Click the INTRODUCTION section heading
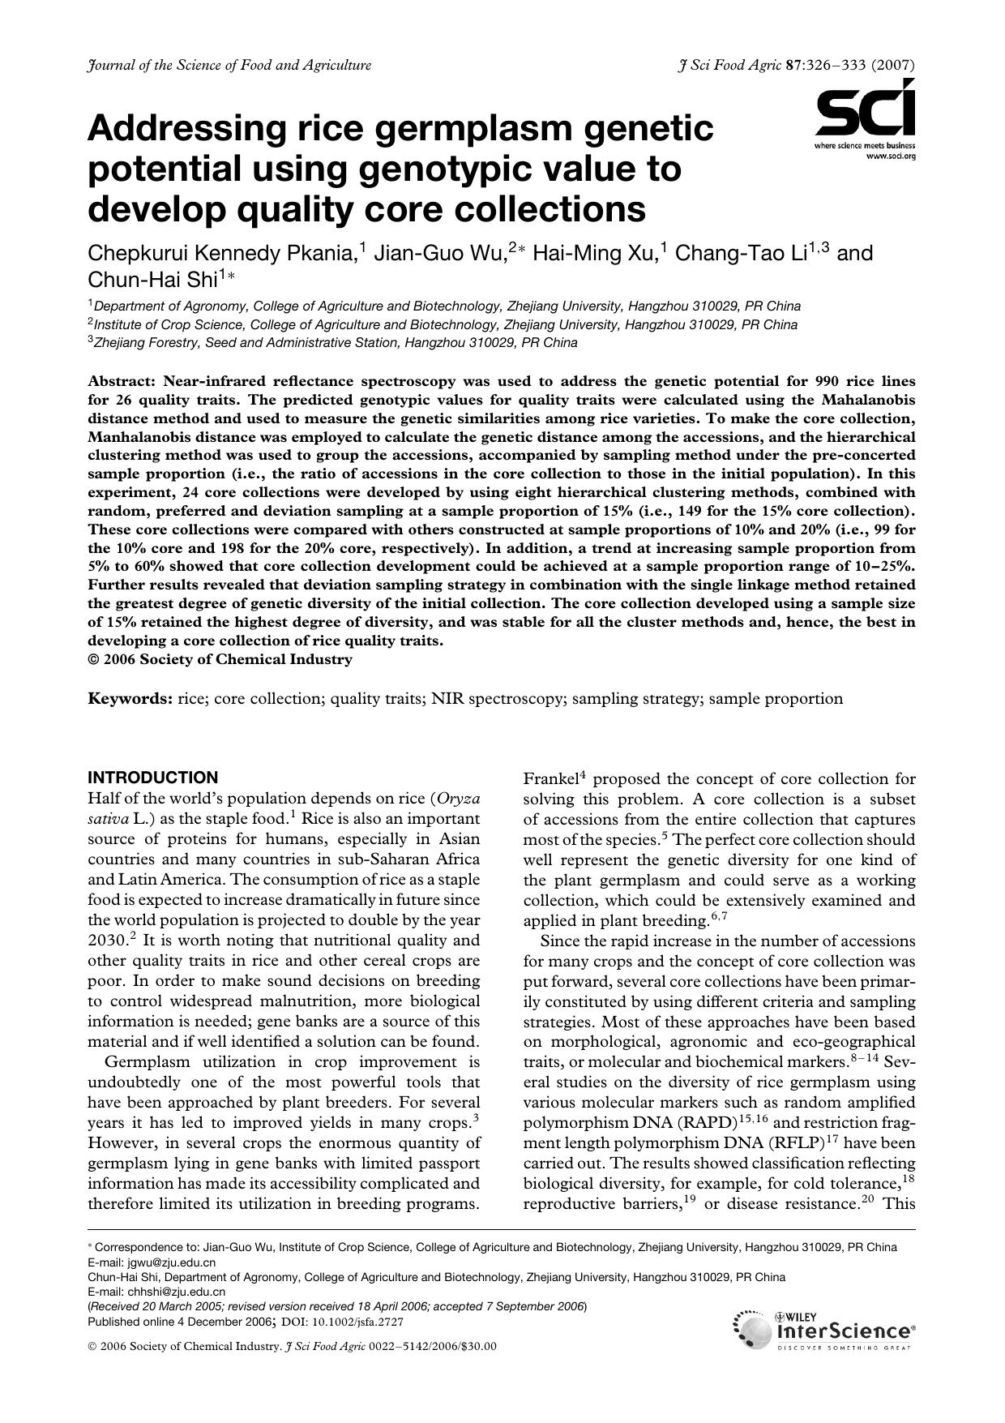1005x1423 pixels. tap(152, 777)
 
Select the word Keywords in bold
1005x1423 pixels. tap(130, 699)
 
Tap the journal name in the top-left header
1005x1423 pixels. tap(229, 65)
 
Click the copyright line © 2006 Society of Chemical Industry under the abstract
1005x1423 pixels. tap(220, 659)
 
